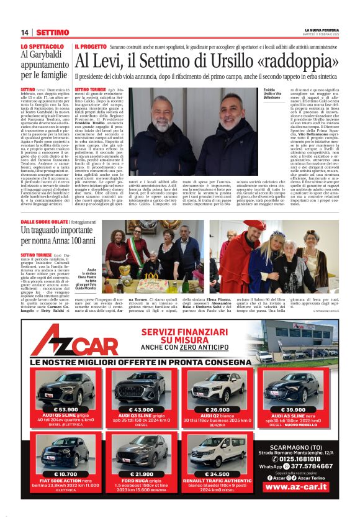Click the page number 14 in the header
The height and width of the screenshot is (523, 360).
(x=25, y=32)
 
